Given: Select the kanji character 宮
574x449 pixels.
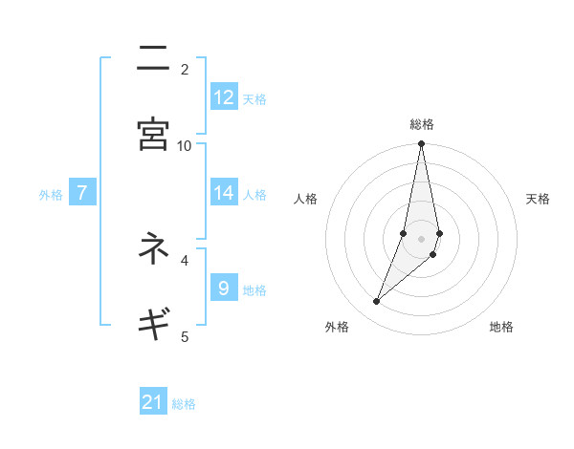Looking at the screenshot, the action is click(153, 134).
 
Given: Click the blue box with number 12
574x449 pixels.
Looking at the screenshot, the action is click(224, 97).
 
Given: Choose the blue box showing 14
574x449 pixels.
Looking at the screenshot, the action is click(224, 193).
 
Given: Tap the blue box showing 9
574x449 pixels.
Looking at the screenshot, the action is click(224, 288).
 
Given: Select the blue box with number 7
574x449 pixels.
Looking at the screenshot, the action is click(82, 193).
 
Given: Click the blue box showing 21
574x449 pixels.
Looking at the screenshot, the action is click(153, 402).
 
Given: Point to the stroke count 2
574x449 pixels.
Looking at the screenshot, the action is click(185, 69).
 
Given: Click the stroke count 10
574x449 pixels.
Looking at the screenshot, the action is click(185, 145).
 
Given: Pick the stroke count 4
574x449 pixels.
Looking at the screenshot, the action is click(185, 259).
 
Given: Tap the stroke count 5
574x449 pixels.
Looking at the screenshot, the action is click(185, 335).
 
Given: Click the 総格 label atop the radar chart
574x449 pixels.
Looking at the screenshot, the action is click(422, 124).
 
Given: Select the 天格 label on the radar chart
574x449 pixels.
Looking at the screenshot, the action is click(538, 199).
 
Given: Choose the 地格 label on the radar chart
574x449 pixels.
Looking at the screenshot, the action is click(501, 327).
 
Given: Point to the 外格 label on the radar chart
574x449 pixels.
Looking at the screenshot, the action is click(337, 327).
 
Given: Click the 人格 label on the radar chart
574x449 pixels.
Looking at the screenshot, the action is click(305, 199).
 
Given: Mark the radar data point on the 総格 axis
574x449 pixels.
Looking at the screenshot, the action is click(422, 144).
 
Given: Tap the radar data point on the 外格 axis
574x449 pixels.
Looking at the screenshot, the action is click(377, 302).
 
